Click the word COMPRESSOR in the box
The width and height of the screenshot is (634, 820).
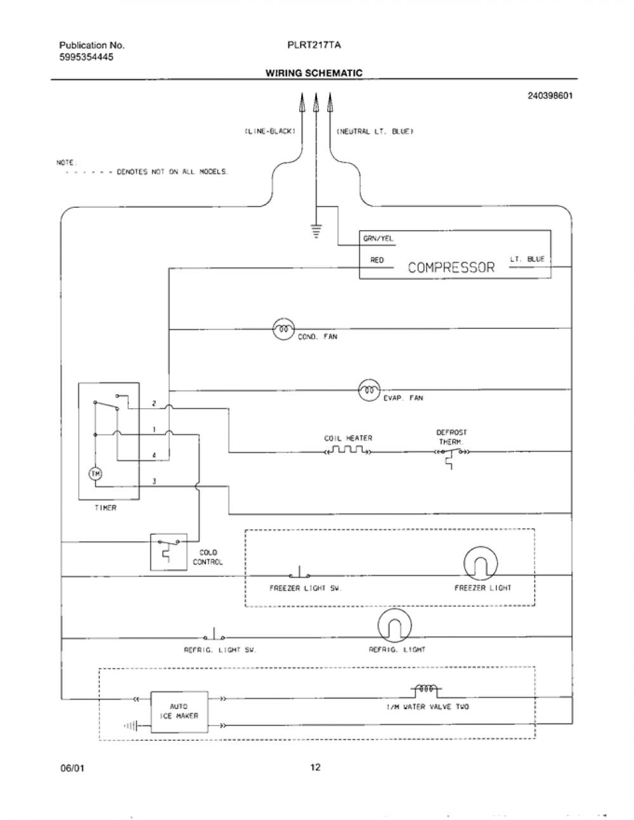451,267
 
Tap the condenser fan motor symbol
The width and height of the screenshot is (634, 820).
283,329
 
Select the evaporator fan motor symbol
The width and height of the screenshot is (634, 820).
369,390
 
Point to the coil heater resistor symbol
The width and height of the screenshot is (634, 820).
348,450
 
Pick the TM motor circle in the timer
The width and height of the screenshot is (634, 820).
96,473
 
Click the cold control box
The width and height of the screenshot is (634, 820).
169,552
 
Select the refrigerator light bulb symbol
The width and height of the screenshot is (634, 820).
395,626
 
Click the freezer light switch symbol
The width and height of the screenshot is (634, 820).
300,572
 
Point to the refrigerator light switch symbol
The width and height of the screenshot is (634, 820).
214,634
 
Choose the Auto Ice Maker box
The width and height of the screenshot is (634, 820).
179,712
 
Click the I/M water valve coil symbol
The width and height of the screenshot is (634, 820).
425,689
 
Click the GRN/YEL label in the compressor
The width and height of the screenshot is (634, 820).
378,238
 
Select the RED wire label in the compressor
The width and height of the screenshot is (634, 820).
377,260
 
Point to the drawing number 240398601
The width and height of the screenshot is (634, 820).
550,96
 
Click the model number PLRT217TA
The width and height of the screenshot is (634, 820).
314,45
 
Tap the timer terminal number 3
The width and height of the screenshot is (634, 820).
154,481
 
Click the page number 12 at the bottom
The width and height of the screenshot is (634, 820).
315,767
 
